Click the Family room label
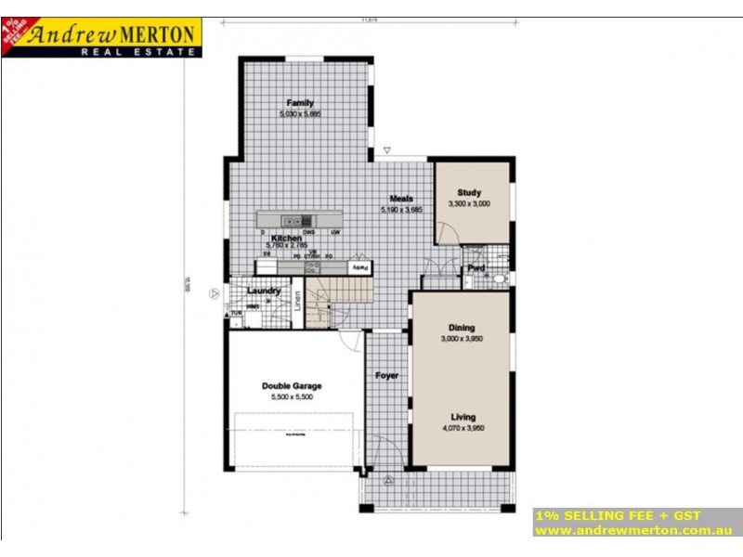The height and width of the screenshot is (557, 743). [x=299, y=103]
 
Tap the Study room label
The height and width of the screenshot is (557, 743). [x=469, y=193]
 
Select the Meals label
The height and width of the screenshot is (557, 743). [x=401, y=199]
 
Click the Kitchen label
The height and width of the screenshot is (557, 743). [x=286, y=239]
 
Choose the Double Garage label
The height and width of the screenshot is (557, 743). [x=292, y=386]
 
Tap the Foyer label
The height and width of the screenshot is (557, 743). [x=386, y=376]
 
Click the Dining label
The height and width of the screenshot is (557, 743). [x=462, y=328]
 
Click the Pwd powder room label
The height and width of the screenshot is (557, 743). [x=476, y=269]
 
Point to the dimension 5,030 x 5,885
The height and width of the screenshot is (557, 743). [x=299, y=114]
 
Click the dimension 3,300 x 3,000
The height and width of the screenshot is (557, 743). [x=469, y=203]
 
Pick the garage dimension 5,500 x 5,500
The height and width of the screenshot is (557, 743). [x=292, y=397]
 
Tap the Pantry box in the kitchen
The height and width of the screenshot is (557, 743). [x=358, y=268]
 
